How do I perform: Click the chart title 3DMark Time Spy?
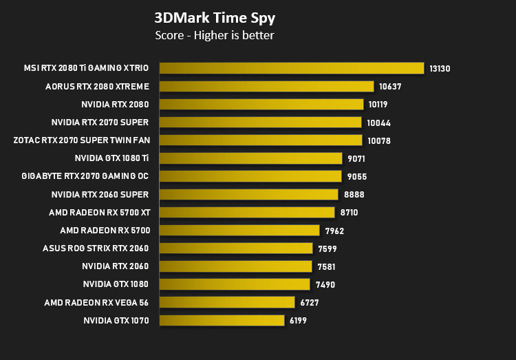[x=215, y=18]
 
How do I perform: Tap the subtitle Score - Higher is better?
[x=214, y=35]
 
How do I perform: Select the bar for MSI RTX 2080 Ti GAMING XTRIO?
[x=292, y=68]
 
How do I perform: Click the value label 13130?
[x=440, y=69]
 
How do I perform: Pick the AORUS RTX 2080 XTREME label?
[x=97, y=86]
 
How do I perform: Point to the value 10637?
[x=390, y=87]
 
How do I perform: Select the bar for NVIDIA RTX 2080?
[x=261, y=105]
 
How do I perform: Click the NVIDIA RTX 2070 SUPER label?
[x=100, y=123]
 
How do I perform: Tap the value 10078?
[x=379, y=141]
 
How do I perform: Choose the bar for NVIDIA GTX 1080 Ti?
[x=250, y=158]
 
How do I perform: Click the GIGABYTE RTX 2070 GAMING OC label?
[x=85, y=176]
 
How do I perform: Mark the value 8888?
[x=354, y=195]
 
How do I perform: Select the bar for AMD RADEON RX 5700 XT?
[x=247, y=213]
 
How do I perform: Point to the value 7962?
[x=334, y=231]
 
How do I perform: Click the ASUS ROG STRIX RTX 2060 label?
[x=96, y=248]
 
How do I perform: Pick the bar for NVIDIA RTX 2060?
[x=235, y=266]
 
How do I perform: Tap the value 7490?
[x=325, y=284]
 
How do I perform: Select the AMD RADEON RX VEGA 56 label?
[x=96, y=302]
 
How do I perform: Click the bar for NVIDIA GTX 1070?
[x=222, y=321]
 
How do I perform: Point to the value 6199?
[x=298, y=321]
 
